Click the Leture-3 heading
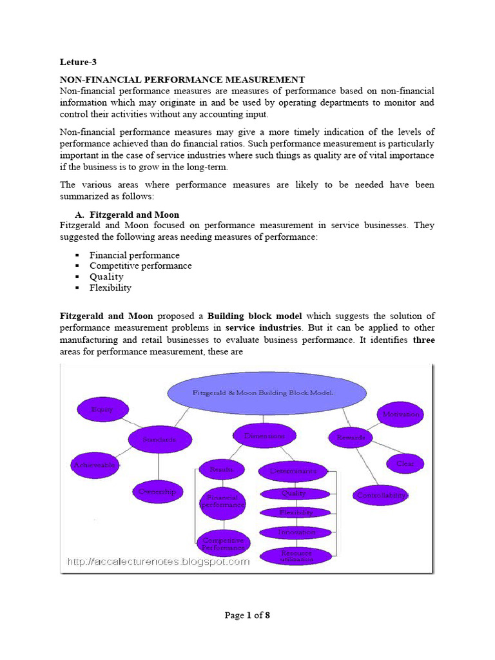point(78,63)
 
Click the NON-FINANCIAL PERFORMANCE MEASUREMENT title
point(182,80)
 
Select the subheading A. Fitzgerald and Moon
point(128,215)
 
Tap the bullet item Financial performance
point(134,255)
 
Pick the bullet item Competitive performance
point(140,266)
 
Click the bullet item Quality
point(106,277)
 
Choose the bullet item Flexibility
point(110,287)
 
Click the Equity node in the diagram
point(102,409)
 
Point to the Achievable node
point(94,465)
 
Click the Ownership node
point(157,492)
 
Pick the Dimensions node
point(264,436)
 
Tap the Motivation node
point(400,414)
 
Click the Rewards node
point(351,438)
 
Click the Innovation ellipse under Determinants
point(296,532)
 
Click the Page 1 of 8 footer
point(247,615)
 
